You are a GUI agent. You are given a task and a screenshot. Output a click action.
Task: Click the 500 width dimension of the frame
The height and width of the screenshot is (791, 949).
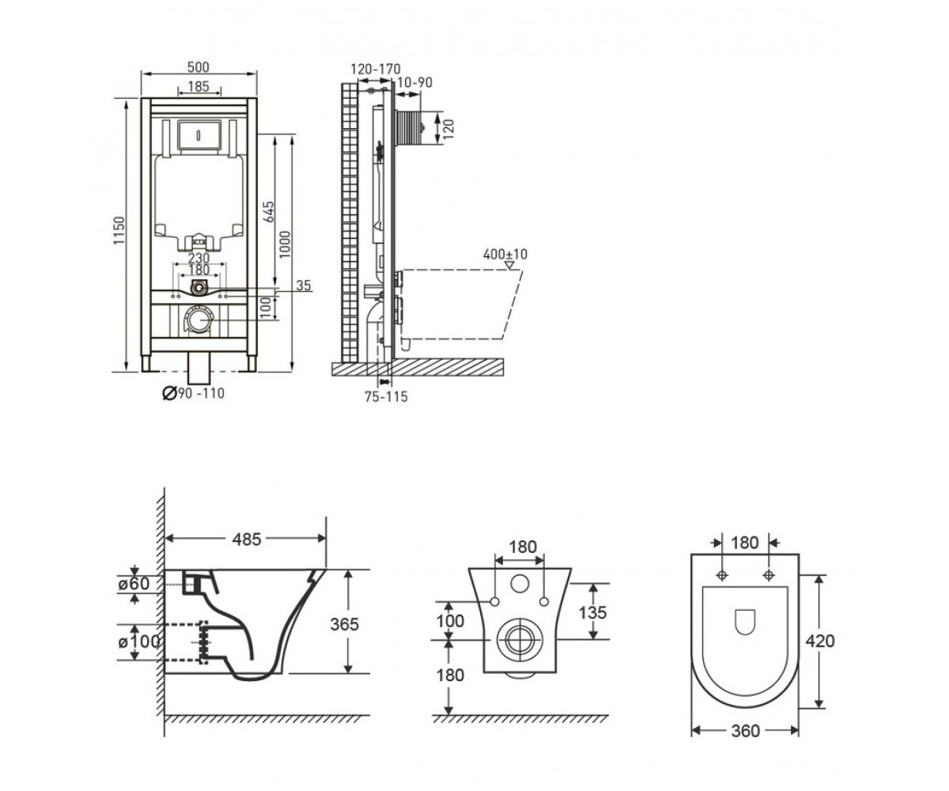click(x=198, y=67)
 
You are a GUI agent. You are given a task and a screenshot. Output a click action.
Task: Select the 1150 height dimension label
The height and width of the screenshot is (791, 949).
click(x=119, y=230)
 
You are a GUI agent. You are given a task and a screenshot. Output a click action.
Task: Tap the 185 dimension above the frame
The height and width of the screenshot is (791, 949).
click(x=198, y=86)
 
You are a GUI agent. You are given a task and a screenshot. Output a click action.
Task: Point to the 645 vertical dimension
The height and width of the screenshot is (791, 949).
click(x=269, y=211)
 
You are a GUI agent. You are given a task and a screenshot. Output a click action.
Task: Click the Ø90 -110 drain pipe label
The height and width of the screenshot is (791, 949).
click(x=194, y=393)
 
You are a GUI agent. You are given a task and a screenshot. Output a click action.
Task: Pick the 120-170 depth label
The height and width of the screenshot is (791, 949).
click(x=376, y=69)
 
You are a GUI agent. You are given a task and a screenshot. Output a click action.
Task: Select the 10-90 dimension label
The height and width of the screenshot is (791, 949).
click(x=414, y=83)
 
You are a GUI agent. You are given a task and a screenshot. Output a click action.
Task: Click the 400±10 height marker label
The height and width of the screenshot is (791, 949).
click(x=505, y=254)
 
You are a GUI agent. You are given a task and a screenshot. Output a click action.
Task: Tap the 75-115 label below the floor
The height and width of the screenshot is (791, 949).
click(x=387, y=397)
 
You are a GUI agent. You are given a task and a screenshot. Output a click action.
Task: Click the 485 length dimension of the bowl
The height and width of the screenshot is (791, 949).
click(x=247, y=539)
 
